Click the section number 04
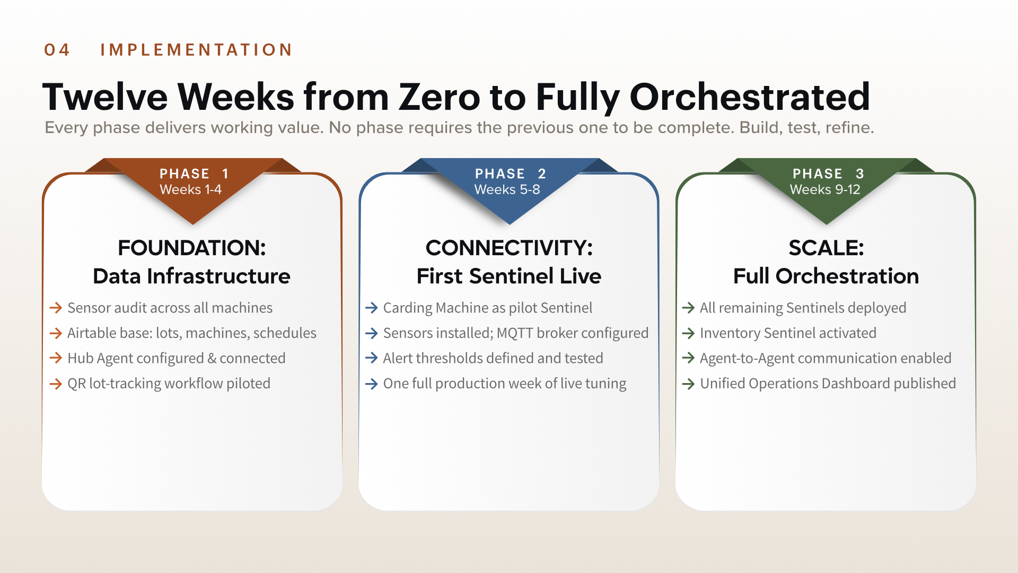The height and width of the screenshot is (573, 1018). [57, 50]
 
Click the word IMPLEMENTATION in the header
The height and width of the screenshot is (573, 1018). [196, 50]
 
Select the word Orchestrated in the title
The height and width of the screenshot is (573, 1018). [750, 97]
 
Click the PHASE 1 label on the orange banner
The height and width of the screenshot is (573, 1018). [194, 173]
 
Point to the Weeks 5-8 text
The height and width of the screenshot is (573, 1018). [507, 189]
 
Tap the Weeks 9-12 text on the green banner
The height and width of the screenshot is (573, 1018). [825, 189]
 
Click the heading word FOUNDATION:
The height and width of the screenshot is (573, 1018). [192, 248]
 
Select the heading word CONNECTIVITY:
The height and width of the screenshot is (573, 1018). [509, 248]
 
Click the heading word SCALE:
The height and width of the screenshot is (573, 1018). [826, 248]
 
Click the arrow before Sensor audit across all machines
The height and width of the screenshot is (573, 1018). [56, 308]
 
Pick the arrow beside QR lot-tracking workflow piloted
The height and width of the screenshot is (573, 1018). [56, 384]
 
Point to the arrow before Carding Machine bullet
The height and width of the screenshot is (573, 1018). [372, 308]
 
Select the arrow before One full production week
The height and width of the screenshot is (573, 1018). [372, 384]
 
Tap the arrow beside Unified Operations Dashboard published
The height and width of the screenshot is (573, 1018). [688, 384]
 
